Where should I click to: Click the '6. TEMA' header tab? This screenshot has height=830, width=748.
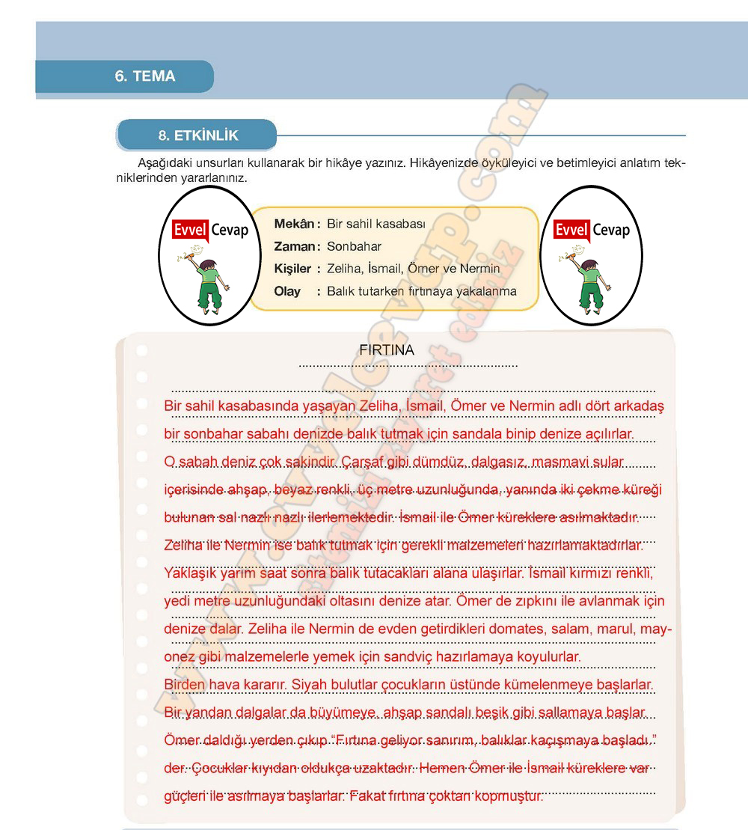click(x=145, y=76)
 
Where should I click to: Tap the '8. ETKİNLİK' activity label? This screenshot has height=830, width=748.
click(x=198, y=135)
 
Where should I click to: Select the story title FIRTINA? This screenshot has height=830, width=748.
click(x=386, y=350)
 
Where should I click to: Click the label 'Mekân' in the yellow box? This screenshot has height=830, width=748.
click(x=295, y=224)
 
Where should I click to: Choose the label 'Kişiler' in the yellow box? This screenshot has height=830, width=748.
click(x=293, y=269)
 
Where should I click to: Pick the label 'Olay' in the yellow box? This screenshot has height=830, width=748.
click(x=287, y=291)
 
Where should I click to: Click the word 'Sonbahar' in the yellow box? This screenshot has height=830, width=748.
click(x=354, y=246)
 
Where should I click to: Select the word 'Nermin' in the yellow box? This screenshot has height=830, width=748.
click(x=479, y=269)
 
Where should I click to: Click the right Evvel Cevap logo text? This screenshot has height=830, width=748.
click(x=592, y=230)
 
